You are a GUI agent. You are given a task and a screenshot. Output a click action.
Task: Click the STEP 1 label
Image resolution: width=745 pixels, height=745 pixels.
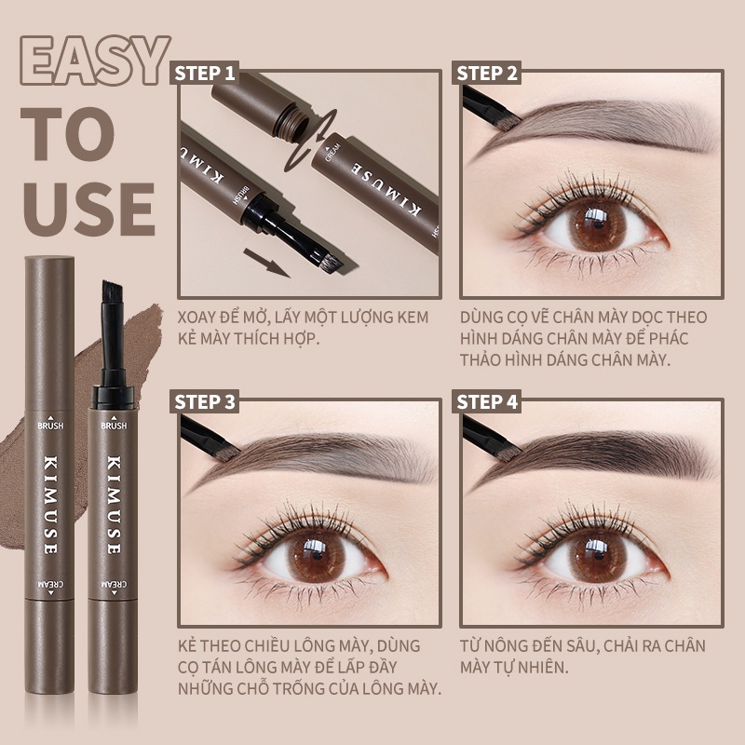coord(204,74)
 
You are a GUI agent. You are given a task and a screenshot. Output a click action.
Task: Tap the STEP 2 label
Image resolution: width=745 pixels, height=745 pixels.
coord(486,74)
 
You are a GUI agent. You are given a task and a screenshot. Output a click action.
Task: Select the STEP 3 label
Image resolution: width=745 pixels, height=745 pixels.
coord(204,402)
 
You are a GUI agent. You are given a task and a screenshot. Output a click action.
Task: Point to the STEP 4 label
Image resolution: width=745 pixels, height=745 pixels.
coord(486,402)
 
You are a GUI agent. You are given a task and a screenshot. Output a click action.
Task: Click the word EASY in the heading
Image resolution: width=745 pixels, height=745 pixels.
coord(95,61)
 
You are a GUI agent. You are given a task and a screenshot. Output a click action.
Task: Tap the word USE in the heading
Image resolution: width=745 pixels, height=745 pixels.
coord(88,209)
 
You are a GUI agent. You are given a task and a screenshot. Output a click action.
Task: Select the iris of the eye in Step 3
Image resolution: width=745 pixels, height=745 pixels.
coord(313,554)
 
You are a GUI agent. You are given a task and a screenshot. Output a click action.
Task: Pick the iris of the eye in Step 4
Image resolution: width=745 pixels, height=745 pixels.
coord(595,554)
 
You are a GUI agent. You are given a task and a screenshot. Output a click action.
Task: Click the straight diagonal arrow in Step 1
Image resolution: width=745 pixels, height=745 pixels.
coord(266,263)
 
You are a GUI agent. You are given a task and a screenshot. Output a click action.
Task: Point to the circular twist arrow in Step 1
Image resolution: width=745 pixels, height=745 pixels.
coord(309,141)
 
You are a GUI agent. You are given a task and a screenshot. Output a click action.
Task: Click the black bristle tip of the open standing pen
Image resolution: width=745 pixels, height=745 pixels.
coord(112,291)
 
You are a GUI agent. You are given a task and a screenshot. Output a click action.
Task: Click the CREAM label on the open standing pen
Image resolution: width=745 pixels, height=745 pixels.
coord(114,585)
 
